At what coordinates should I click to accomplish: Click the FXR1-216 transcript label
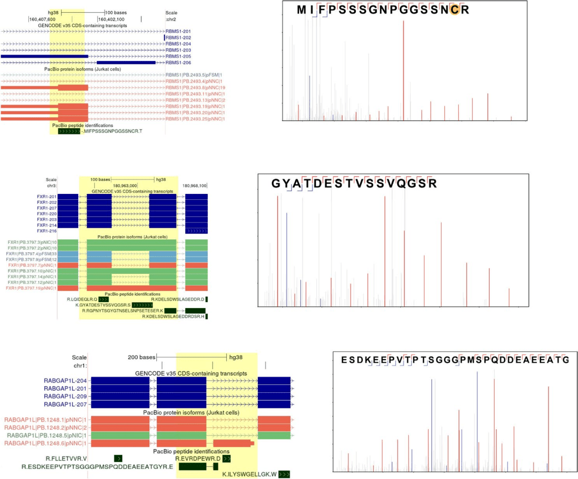click(47, 231)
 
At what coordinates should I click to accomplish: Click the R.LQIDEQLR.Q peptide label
click(82, 299)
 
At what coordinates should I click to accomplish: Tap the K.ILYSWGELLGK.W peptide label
click(249, 474)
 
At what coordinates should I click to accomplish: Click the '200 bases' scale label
click(141, 357)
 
